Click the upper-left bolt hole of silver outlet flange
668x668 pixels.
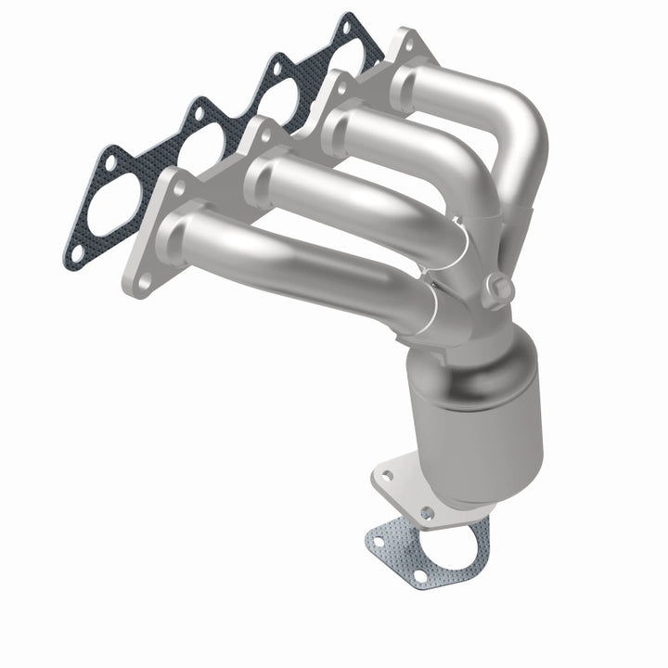tap(387, 475)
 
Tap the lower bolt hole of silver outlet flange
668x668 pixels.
tap(426, 512)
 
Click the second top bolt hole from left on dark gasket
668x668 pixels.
tap(196, 112)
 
